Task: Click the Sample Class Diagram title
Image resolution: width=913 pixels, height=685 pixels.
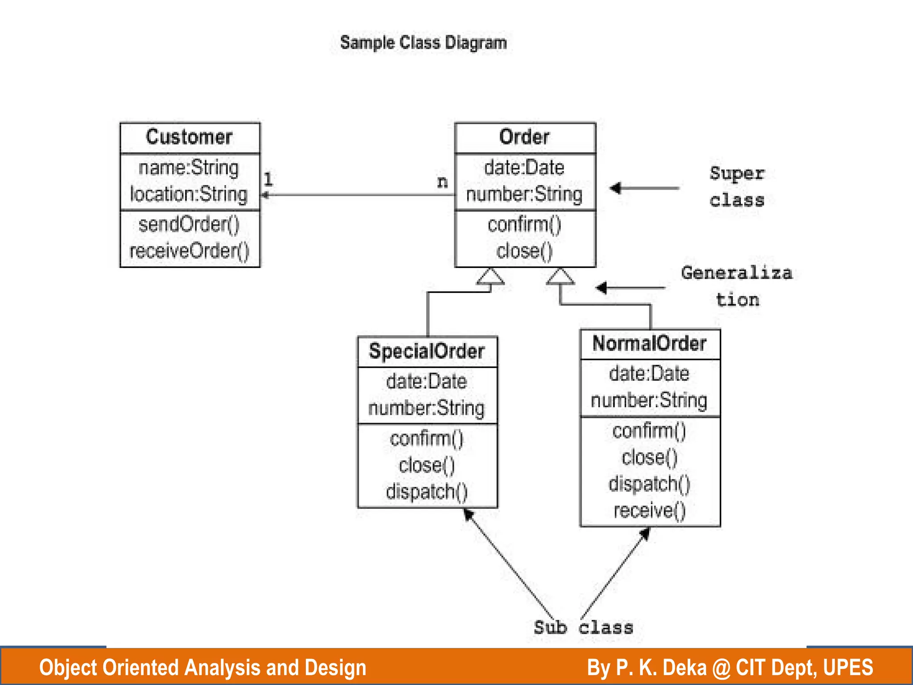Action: pos(423,43)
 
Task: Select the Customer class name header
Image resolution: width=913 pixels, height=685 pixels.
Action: pos(189,137)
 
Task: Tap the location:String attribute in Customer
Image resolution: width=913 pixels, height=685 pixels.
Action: pos(189,194)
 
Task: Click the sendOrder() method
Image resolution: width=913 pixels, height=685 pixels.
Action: pos(189,224)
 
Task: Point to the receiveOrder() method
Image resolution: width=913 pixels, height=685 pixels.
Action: pos(189,251)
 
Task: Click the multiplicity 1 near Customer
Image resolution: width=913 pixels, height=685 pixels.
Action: pos(268,180)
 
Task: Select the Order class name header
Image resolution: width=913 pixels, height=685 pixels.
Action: pos(524,137)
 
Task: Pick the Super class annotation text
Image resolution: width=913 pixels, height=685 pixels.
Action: pos(737,186)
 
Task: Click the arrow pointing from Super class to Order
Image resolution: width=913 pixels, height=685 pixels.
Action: pos(644,188)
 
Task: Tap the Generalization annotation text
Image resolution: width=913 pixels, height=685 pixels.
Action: pos(737,285)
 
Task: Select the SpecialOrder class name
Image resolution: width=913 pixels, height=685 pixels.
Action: pos(427,351)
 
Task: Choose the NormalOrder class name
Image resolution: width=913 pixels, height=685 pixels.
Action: pos(649,344)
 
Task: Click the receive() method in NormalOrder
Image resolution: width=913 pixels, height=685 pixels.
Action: pos(649,511)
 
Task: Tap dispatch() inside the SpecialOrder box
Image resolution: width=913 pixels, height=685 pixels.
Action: pos(427,491)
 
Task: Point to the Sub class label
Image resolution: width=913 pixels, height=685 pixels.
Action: pos(583,627)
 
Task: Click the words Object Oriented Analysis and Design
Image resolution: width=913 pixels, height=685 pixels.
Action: pos(202,668)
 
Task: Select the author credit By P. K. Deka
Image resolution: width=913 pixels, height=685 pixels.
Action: pos(730,668)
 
